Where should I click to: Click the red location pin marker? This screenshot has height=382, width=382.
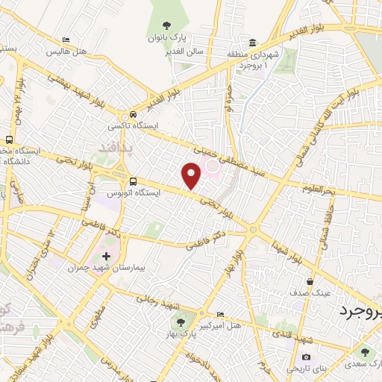click(x=192, y=176)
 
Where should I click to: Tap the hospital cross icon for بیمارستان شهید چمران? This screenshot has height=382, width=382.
click(x=106, y=256)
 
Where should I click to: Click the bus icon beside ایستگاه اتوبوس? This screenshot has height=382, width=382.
click(x=133, y=181)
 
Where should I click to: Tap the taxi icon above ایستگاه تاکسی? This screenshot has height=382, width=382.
click(x=133, y=115)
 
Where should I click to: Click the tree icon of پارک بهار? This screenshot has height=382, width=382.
click(x=180, y=322)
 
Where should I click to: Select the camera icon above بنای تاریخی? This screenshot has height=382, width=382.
click(x=305, y=337)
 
